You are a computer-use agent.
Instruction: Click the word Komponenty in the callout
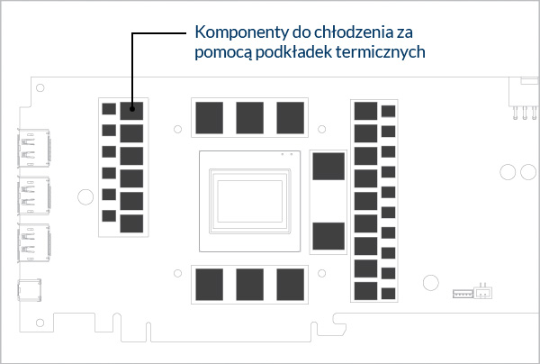tap(242, 32)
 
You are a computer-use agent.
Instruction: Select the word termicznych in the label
tap(380, 52)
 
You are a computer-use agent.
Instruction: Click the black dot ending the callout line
tap(132, 109)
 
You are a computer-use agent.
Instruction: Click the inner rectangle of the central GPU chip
tap(249, 201)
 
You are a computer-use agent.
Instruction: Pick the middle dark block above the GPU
tap(249, 117)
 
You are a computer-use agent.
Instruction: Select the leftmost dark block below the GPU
tap(209, 285)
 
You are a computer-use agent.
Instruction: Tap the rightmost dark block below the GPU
tap(290, 285)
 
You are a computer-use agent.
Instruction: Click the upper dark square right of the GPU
tap(328, 167)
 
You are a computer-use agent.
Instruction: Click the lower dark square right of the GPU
tap(328, 236)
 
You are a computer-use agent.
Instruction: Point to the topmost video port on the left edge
tap(34, 149)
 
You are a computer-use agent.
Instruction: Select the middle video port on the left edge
tap(34, 196)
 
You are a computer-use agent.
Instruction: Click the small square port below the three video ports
tap(30, 290)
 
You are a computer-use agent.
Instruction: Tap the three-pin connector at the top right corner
tap(524, 98)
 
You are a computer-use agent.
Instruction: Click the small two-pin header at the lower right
tap(483, 292)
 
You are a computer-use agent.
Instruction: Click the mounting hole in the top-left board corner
tap(40, 88)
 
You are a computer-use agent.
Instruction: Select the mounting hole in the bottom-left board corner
tap(40, 323)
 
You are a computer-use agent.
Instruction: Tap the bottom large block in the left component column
tap(131, 223)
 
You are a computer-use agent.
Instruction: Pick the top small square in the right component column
tap(388, 112)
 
